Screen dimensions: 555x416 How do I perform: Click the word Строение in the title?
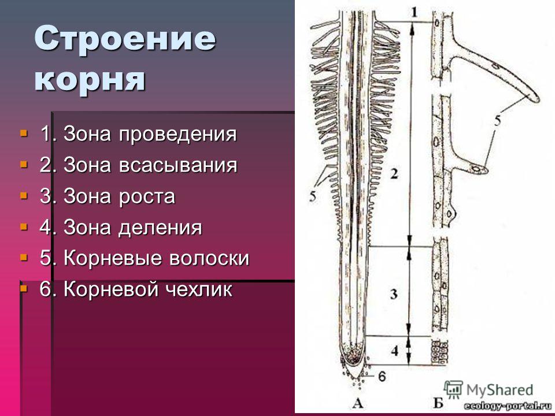pos(125,39)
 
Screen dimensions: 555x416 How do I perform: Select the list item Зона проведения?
pos(138,135)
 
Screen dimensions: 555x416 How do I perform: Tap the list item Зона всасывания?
pos(138,165)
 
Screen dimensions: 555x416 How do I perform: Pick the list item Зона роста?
pos(108,196)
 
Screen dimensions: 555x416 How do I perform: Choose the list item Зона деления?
pos(121,228)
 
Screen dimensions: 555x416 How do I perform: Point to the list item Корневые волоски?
pos(145,258)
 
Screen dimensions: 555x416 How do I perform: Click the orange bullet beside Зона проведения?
pos(24,133)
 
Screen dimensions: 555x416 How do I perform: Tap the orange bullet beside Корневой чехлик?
pos(24,289)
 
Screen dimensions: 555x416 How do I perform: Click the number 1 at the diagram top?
pos(414,13)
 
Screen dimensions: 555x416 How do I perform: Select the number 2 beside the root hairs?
pos(394,174)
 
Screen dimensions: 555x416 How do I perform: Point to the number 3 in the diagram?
pos(394,294)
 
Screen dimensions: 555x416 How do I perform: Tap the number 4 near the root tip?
pos(395,351)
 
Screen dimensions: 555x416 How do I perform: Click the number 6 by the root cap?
pos(382,376)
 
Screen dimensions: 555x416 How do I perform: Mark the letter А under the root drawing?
pos(358,403)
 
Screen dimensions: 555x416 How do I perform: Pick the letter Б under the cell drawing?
pos(438,403)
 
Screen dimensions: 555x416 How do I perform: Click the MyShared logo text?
pos(499,390)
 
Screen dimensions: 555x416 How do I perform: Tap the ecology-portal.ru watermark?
pos(508,406)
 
